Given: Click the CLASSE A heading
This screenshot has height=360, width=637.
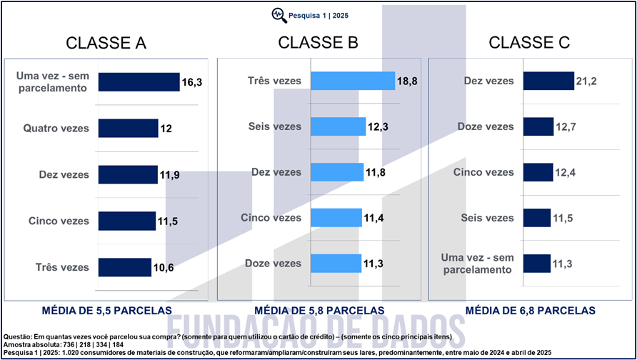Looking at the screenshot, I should pos(106,43).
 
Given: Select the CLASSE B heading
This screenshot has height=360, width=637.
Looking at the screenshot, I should pos(318,43).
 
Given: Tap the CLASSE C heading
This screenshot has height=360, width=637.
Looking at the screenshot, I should pos(529,43).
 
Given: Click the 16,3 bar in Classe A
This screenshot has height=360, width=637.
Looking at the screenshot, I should pos(139,82).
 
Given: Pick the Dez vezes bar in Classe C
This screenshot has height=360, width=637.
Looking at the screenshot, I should pos(548,81).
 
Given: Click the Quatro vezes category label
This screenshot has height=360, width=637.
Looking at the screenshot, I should pos(56,129).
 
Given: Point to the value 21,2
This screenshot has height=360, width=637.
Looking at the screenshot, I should pos(587,81).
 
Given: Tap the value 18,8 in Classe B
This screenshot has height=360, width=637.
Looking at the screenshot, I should pos(406,82).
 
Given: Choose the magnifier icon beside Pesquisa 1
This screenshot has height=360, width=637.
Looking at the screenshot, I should pos(278,14).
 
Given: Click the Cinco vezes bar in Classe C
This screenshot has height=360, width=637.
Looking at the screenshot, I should pos(538,172).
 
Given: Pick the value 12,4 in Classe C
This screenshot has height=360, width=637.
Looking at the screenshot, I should pos(564,173).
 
